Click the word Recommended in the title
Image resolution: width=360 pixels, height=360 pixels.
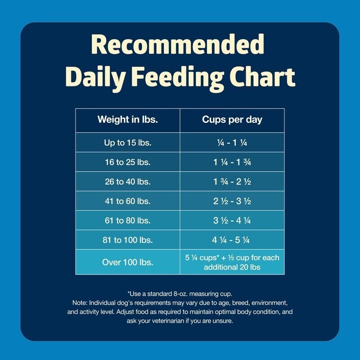pyautogui.click(x=177, y=44)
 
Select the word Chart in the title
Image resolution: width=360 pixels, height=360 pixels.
pyautogui.click(x=262, y=76)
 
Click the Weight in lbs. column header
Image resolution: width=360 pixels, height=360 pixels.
pyautogui.click(x=128, y=120)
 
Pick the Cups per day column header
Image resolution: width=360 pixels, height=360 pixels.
pyautogui.click(x=232, y=120)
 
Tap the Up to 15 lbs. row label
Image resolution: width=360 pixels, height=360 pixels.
pyautogui.click(x=128, y=143)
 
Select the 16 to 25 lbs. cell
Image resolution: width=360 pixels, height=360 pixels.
pyautogui.click(x=128, y=162)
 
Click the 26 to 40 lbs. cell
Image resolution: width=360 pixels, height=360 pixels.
pyautogui.click(x=128, y=182)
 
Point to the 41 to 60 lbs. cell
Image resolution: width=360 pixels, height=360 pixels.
pyautogui.click(x=128, y=201)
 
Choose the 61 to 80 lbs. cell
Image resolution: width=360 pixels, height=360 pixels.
pyautogui.click(x=128, y=220)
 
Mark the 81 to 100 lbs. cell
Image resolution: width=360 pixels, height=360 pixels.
pyautogui.click(x=128, y=240)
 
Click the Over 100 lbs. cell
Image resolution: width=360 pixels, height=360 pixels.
pyautogui.click(x=128, y=262)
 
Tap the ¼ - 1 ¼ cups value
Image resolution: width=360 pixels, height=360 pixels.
pyautogui.click(x=232, y=143)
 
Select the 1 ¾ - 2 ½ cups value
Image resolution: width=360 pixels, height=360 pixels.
pyautogui.click(x=232, y=182)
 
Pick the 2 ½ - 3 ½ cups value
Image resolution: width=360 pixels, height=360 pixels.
pyautogui.click(x=232, y=201)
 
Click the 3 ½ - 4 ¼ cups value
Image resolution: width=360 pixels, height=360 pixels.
pyautogui.click(x=232, y=220)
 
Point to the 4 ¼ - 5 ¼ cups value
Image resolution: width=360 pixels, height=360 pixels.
pyautogui.click(x=231, y=240)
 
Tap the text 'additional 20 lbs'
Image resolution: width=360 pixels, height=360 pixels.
pyautogui.click(x=232, y=267)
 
